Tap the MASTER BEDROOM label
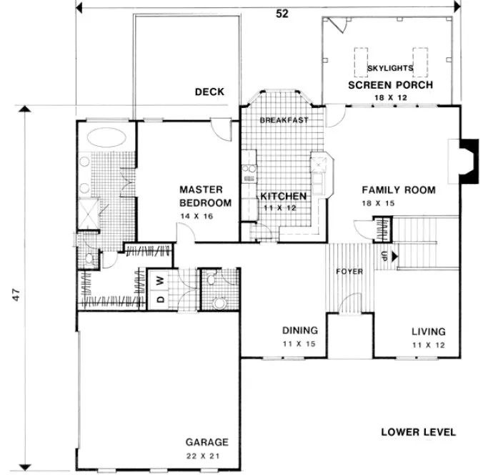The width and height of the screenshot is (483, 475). tap(205, 196)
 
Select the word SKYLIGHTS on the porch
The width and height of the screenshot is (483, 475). tap(390, 68)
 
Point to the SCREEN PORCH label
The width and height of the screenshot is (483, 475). tap(390, 85)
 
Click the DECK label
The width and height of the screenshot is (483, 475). tap(209, 92)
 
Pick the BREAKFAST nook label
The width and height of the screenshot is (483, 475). tap(284, 120)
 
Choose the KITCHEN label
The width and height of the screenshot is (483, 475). tap(283, 196)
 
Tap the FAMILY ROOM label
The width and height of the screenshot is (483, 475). tap(398, 190)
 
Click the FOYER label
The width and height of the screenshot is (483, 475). tap(350, 272)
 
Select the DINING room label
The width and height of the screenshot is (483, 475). tap(299, 331)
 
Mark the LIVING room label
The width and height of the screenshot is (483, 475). tap(428, 332)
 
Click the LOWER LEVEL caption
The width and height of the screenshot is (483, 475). tap(418, 432)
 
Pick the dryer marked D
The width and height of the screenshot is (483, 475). tap(161, 298)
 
